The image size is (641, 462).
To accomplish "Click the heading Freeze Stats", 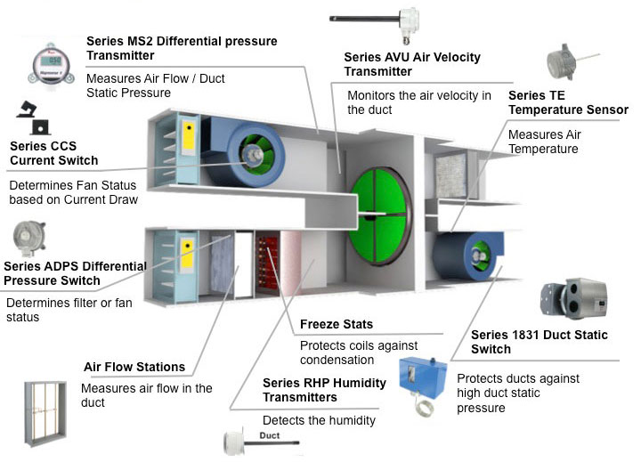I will (336, 324).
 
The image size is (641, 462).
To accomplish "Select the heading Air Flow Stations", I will (134, 367).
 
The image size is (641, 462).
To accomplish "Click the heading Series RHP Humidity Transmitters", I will (324, 391).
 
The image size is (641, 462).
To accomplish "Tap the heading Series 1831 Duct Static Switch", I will (540, 343).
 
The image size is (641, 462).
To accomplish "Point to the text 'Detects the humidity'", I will (319, 420).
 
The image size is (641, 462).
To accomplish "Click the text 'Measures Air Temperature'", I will (543, 142).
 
